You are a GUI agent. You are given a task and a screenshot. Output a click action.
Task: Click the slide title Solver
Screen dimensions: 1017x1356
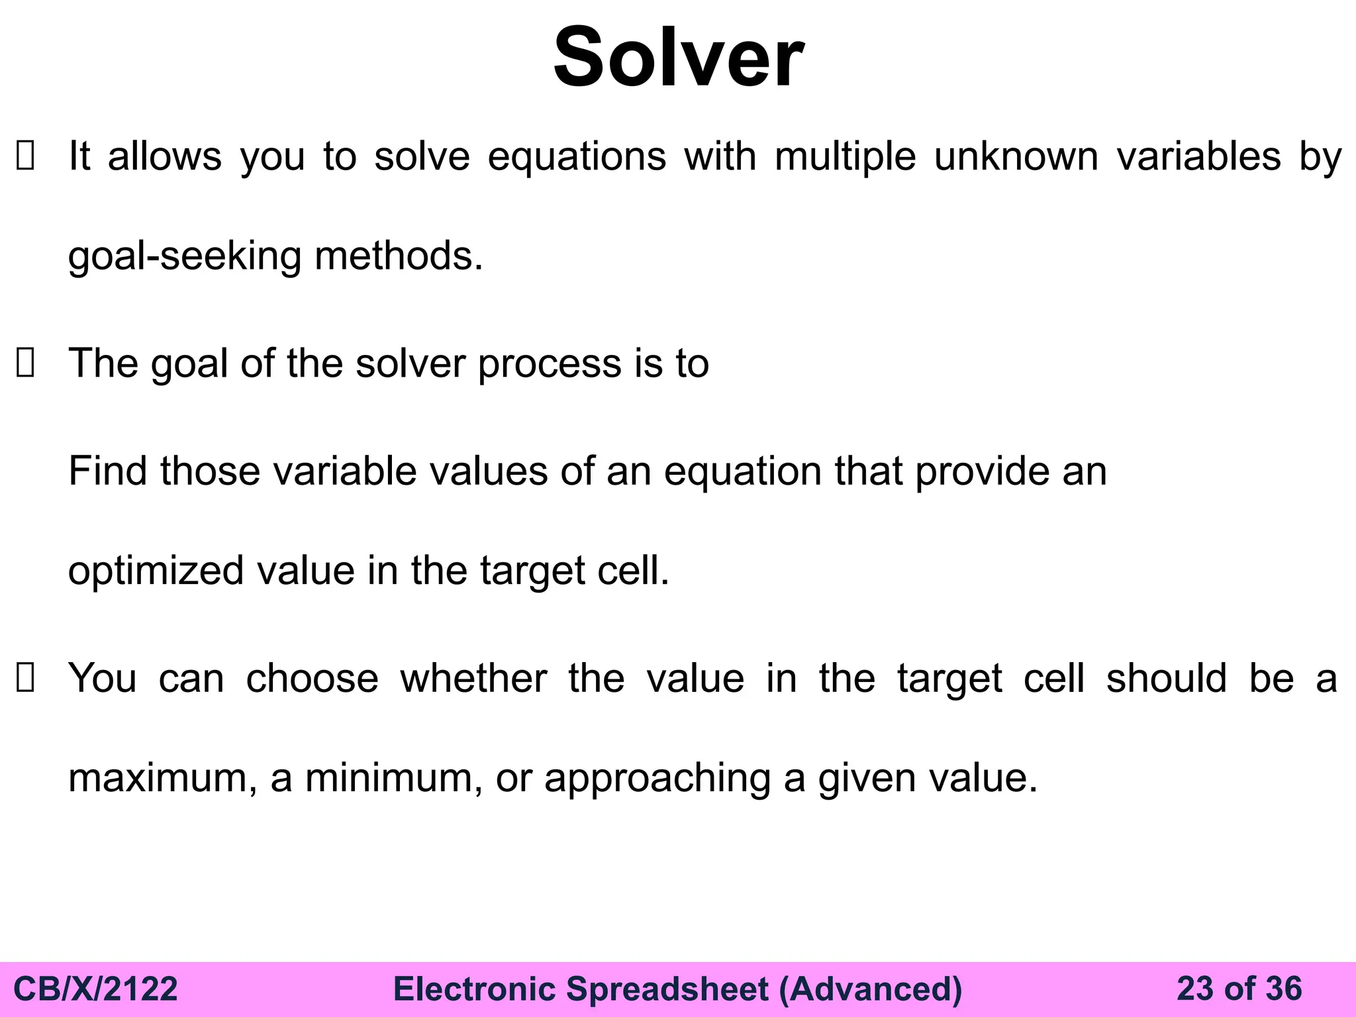tap(678, 58)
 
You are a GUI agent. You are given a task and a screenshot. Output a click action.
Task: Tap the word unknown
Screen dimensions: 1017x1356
tap(1016, 158)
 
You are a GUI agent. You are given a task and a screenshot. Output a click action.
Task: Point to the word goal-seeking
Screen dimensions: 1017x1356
tap(185, 257)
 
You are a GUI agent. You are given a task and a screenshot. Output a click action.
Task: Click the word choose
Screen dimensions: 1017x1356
tap(312, 679)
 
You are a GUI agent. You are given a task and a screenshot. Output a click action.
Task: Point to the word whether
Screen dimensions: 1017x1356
tap(473, 679)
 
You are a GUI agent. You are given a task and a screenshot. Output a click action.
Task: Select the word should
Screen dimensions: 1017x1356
tap(1167, 679)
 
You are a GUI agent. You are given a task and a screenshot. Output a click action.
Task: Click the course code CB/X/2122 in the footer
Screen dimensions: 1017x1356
tap(96, 989)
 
